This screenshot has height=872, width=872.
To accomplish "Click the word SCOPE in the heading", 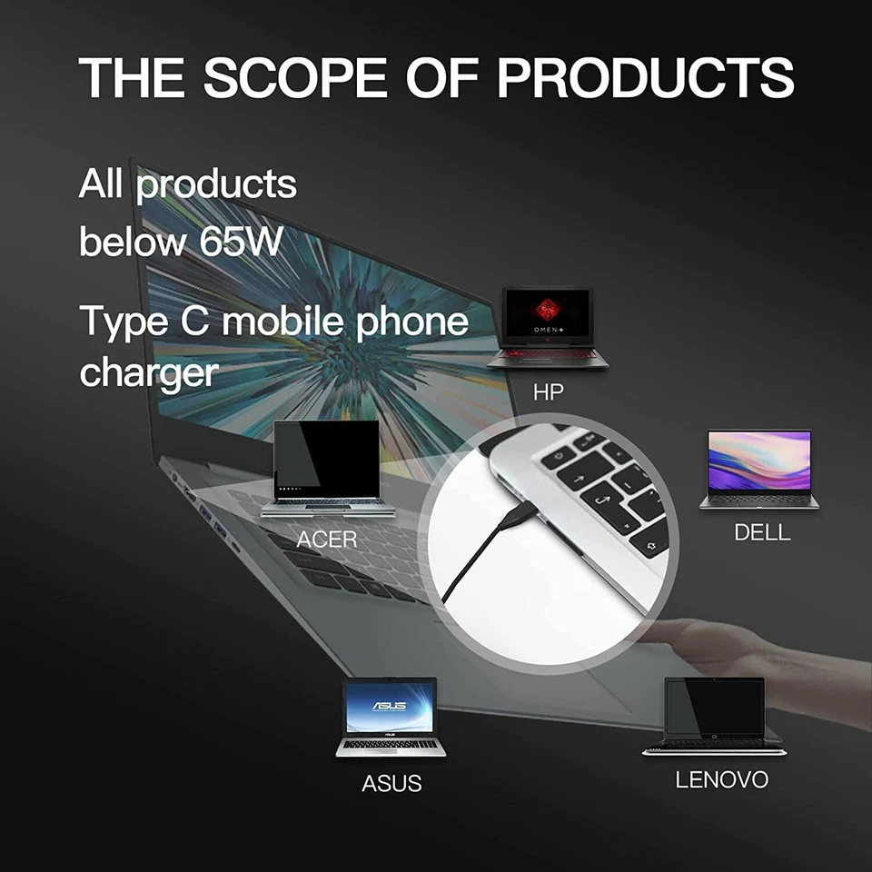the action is tap(295, 77).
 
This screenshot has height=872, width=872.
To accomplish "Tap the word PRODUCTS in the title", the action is tap(646, 77).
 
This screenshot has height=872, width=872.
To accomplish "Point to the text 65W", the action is tap(242, 241).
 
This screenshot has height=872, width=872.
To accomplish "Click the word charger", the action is tap(149, 373).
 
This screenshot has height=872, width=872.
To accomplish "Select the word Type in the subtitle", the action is tap(124, 322).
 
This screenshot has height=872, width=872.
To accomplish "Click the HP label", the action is tap(549, 392).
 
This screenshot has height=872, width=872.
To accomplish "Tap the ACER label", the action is tap(326, 539).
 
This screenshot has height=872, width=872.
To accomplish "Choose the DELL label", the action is tap(762, 532).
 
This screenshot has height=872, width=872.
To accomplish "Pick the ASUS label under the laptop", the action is tap(391, 783).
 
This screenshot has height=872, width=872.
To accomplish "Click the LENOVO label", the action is tap(722, 779).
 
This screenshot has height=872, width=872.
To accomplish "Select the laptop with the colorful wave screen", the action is tap(759, 469).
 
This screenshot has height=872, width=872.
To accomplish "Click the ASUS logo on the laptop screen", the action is tap(390, 706).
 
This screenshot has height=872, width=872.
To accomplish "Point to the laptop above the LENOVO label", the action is tap(714, 717).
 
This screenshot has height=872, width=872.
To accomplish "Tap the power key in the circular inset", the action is tap(556, 458).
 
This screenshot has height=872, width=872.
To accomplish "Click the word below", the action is tap(133, 241).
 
